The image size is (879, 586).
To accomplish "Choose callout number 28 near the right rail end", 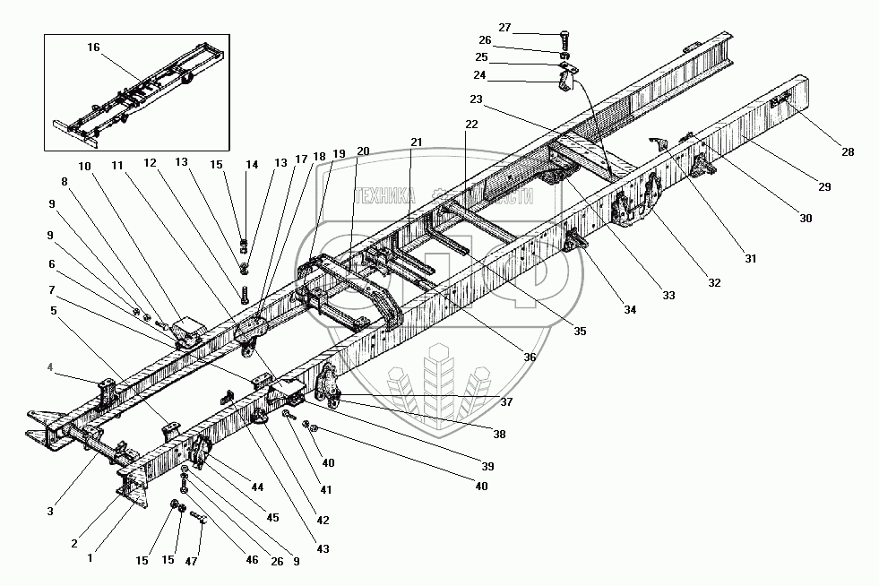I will pos(848,152).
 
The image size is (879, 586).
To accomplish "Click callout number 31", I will pos(750,259).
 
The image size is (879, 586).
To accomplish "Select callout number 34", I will pos(631,311).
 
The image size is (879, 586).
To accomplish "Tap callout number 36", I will pos(530,357).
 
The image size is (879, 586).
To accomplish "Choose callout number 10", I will pos(84,167).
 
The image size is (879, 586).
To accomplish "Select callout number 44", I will pos(258,487).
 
